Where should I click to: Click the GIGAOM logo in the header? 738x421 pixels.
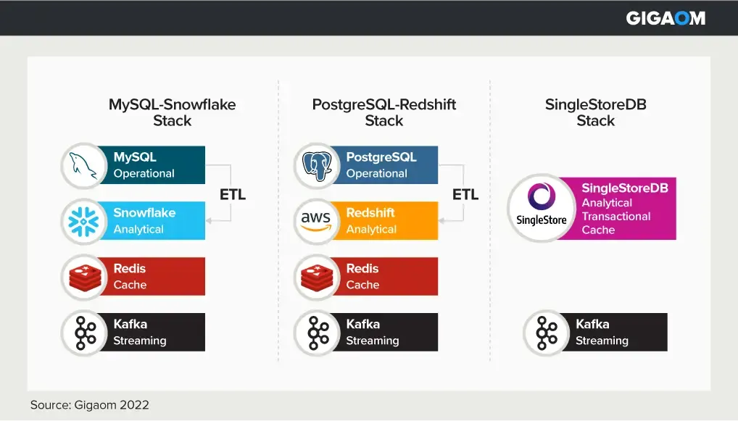[x=665, y=18]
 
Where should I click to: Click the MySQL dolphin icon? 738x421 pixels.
[x=84, y=165]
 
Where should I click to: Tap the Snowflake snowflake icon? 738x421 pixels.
[x=84, y=221]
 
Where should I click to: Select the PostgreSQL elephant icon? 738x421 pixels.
[x=317, y=165]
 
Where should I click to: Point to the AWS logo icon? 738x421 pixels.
[x=317, y=221]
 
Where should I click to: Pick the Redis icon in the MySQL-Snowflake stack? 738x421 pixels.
[x=84, y=277]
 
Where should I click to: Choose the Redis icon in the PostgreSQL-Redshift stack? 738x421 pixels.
[x=317, y=277]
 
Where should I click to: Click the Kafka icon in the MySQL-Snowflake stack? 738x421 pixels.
[x=84, y=333]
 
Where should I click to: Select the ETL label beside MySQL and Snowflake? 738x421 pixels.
[x=232, y=194]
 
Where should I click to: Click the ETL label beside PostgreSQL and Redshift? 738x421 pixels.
[x=465, y=194]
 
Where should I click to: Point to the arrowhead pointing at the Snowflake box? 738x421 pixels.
[x=210, y=220]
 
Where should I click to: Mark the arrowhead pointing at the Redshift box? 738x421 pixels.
[x=442, y=220]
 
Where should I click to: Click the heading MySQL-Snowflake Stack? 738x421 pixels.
[x=172, y=112]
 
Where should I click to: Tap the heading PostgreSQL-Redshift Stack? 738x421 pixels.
[x=383, y=112]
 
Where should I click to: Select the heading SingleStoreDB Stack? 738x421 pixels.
[x=595, y=112]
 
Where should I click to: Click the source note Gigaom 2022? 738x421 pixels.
[x=89, y=405]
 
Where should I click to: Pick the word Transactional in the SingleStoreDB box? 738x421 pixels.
[x=615, y=216]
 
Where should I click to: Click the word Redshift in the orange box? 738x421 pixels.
[x=370, y=212]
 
